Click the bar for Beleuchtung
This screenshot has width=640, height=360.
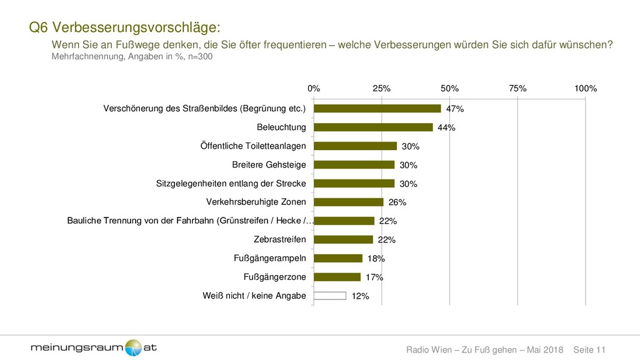point(373,127)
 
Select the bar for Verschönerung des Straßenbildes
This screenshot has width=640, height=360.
point(377,109)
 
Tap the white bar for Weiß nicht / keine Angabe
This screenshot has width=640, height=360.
point(329,296)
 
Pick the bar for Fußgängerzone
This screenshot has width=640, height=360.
point(337,277)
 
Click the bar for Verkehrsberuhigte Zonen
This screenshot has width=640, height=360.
point(348,202)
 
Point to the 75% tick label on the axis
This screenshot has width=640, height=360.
point(517,89)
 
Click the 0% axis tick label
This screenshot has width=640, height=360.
point(314,89)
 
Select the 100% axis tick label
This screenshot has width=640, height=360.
point(585,89)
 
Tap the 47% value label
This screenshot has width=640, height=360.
point(455,109)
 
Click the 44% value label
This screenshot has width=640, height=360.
point(446,128)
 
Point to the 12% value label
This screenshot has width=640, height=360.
point(360,296)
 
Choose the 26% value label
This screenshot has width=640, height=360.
point(397,202)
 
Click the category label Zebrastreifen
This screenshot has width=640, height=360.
point(280,239)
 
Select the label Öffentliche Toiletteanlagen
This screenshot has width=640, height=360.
point(253,146)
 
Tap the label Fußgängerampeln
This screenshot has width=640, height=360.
point(270,258)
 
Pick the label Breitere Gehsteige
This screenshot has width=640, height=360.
point(269,165)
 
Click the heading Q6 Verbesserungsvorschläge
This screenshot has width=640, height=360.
point(125,27)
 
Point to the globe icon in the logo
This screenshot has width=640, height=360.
point(133,347)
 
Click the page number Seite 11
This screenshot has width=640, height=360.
point(589,348)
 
